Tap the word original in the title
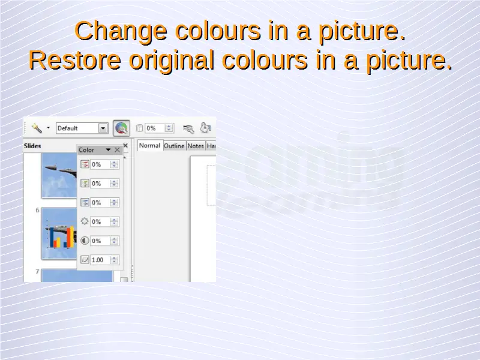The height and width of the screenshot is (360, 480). pos(172,61)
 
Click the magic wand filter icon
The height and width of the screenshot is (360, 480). pos(37,128)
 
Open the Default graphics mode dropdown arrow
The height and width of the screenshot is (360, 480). pos(103,128)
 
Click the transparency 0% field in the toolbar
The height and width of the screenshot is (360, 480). pos(155,128)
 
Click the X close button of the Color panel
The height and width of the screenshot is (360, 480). pos(117,149)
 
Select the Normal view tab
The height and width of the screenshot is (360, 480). pos(149,146)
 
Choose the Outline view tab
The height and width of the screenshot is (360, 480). pos(174,146)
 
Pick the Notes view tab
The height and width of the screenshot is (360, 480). pos(196,146)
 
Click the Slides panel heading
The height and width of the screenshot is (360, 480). pos(32,146)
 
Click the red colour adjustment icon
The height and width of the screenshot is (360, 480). pos(85,164)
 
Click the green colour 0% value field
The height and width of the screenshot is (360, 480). pos(100,184)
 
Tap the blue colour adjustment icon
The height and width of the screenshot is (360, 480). pos(85,202)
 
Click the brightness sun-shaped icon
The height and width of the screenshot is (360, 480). pos(85,221)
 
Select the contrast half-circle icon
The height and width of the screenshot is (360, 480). pos(85,241)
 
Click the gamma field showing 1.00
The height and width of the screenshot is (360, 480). pos(100,260)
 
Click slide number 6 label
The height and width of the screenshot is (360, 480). pos(37,210)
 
